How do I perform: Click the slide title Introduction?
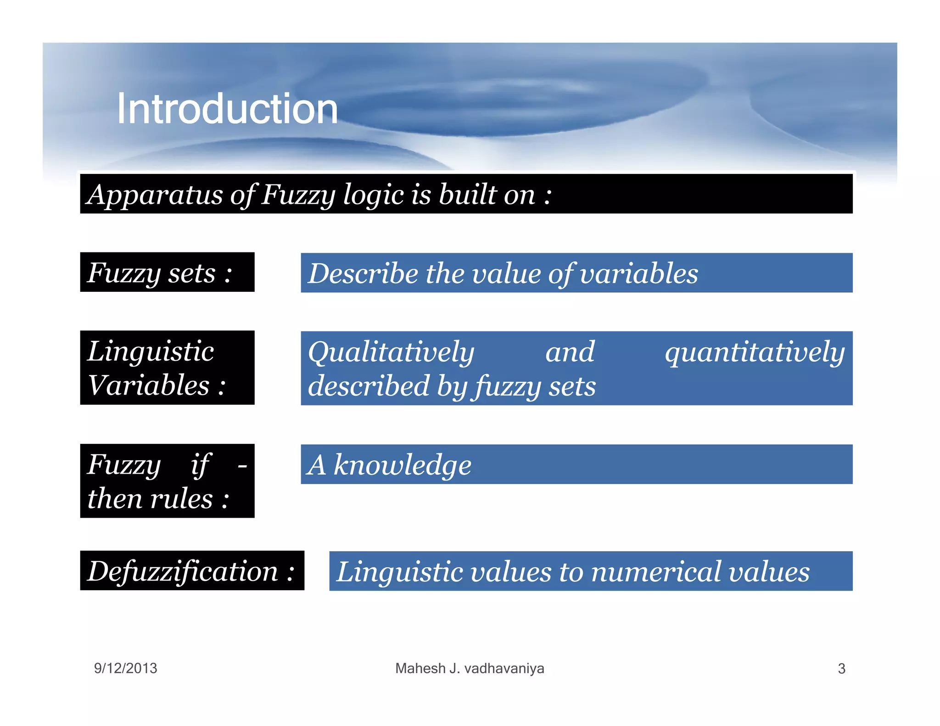(227, 109)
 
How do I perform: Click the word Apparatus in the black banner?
(155, 195)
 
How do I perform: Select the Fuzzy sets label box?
(167, 273)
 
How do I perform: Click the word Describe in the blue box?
(363, 274)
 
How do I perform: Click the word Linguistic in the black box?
(151, 352)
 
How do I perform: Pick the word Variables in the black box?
(148, 385)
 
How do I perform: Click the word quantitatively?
(755, 352)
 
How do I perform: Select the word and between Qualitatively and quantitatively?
(570, 352)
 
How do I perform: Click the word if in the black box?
(200, 464)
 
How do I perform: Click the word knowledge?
(402, 465)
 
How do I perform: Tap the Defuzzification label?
(183, 571)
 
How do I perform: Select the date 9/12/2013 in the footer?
(125, 668)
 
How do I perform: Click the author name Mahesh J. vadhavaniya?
(470, 668)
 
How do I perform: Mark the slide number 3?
(841, 669)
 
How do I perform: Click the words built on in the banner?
(487, 195)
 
